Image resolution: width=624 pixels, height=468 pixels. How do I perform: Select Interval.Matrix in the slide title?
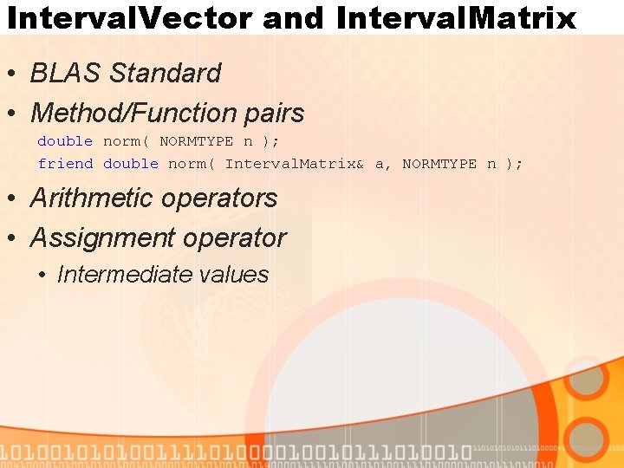tap(456, 17)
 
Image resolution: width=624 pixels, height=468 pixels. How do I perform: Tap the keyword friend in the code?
tap(65, 164)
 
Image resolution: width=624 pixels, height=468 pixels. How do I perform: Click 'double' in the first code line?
tap(65, 141)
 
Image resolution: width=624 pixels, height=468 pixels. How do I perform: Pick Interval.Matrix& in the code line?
tap(294, 164)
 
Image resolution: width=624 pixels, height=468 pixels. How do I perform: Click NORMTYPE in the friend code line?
tap(439, 164)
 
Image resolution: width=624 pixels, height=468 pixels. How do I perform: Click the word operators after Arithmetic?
tap(223, 198)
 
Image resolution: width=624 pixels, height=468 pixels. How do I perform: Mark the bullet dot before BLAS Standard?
tap(16, 75)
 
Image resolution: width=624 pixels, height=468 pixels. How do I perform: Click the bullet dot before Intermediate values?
tap(42, 276)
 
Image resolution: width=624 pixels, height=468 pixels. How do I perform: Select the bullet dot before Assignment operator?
tap(16, 239)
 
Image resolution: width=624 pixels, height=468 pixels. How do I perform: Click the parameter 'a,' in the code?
tap(383, 165)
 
